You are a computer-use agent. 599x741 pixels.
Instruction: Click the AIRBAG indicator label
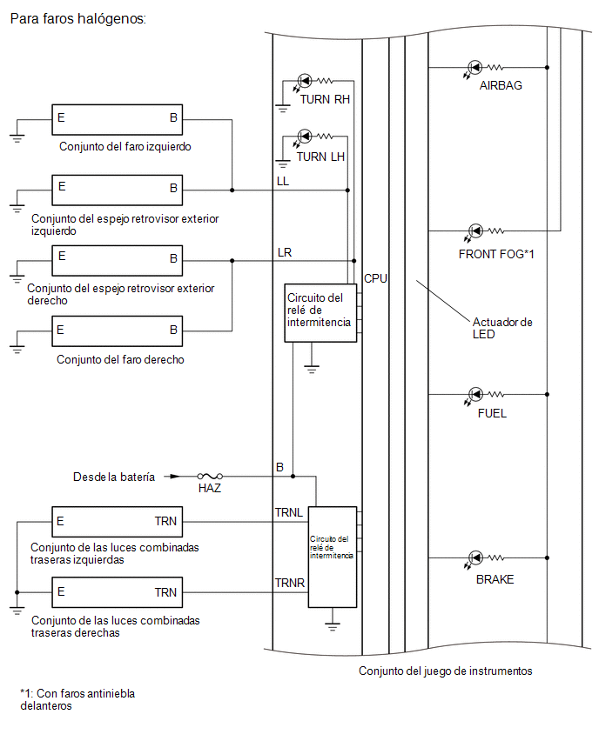tap(501, 85)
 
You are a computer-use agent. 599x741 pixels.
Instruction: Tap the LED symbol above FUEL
tap(475, 394)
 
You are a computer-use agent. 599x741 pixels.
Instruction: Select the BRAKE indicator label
tap(495, 579)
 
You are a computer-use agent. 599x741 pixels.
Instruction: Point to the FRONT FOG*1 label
tap(496, 254)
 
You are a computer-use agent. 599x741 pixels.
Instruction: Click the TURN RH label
tap(325, 100)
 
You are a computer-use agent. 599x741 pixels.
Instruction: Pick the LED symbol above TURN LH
tap(304, 137)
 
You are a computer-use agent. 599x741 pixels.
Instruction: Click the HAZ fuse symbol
tap(210, 477)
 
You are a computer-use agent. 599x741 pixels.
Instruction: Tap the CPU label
tap(375, 279)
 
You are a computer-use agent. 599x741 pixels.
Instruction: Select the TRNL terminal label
tap(289, 513)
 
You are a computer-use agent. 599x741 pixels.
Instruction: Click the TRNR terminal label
tap(290, 584)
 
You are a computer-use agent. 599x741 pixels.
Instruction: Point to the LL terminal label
tap(282, 182)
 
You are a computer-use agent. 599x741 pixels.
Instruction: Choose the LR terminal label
tap(285, 253)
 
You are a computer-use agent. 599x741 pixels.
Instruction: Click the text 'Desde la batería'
tap(114, 477)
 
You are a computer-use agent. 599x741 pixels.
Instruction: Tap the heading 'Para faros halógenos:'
tap(78, 19)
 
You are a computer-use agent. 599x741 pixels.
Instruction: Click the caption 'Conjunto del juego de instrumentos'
tap(445, 671)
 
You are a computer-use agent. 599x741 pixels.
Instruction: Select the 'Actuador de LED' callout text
tap(502, 328)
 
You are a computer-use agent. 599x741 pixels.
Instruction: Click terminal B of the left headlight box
tap(173, 117)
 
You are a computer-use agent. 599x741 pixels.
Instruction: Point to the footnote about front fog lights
tap(77, 700)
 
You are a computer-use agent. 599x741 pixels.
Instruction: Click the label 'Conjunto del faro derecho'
tap(120, 360)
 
